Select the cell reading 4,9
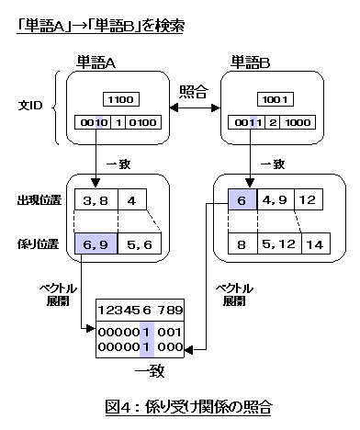point(277,198)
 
